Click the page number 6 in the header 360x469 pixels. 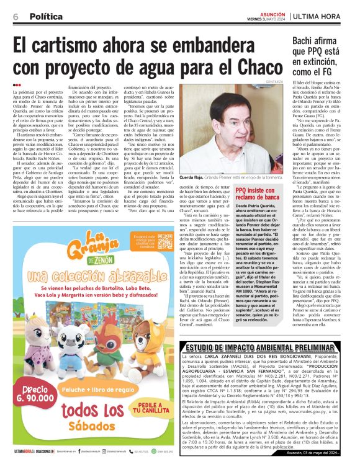[15, 17]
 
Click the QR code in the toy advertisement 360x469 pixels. [164, 243]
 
